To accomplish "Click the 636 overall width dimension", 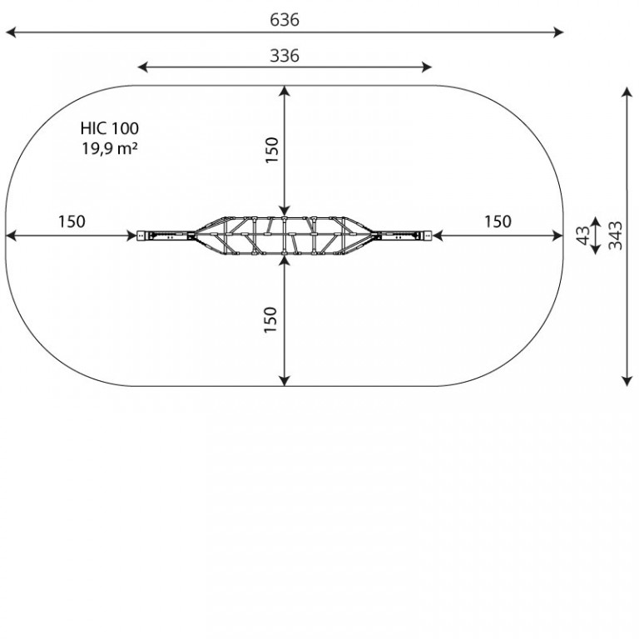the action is click(x=285, y=20).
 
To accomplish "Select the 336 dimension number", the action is click(x=285, y=56).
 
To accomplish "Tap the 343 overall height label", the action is click(x=615, y=235).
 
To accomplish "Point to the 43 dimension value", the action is click(x=583, y=235).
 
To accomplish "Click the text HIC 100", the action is click(x=110, y=128).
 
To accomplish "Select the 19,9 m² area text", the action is click(x=110, y=148).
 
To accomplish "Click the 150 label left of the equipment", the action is click(x=72, y=221).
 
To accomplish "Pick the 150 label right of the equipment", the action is click(x=498, y=221).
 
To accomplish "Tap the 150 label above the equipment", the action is click(x=271, y=150).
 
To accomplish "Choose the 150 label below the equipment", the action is click(x=270, y=319).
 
